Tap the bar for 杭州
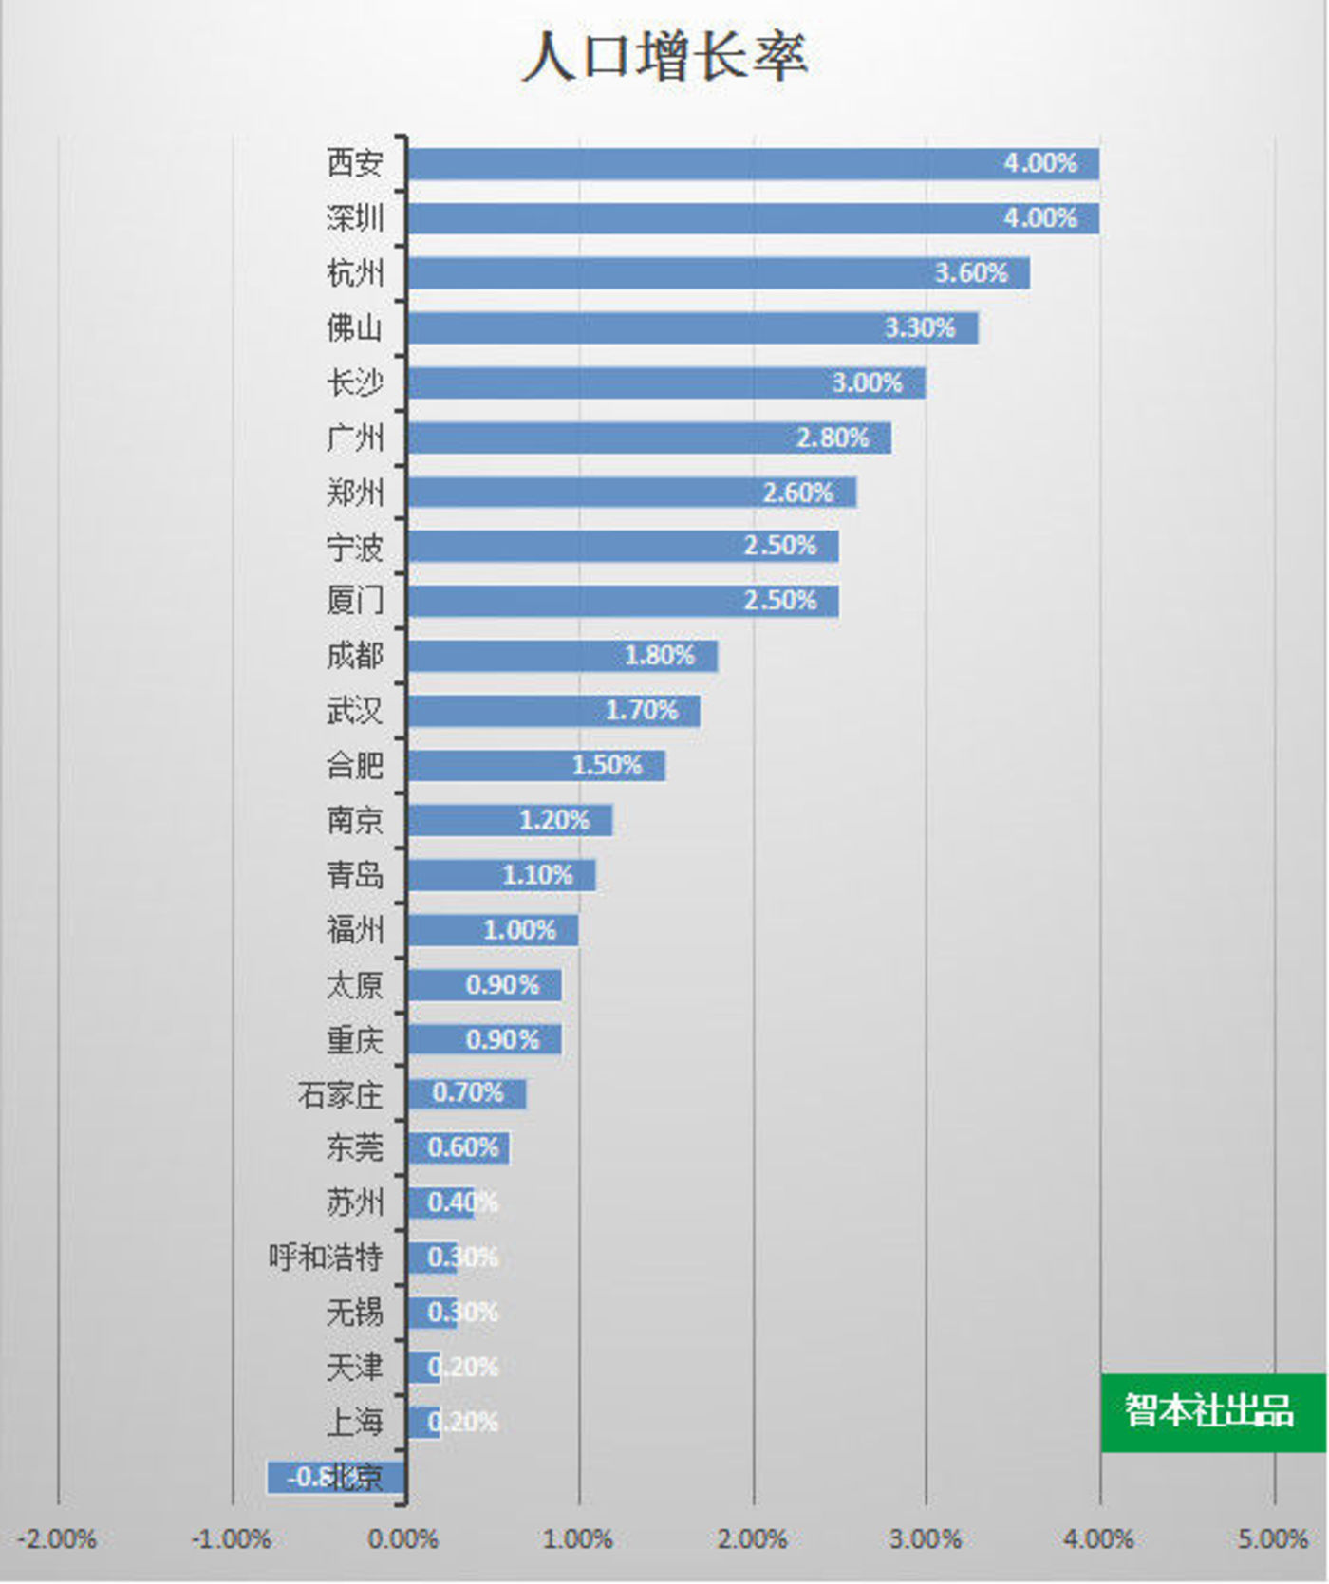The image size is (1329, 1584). pos(664,273)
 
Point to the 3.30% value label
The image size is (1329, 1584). pos(920,328)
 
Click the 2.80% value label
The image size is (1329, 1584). pos(833,438)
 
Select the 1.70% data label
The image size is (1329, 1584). pos(642,711)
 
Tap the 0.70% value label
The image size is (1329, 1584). pos(467,1093)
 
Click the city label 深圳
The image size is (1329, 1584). pos(355,218)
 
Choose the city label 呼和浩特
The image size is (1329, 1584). pos(326,1258)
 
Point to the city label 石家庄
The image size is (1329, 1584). pos(340,1094)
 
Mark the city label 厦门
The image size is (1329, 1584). pos(355,601)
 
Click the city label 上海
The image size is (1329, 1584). pos(355,1422)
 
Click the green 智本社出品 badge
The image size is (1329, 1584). pos(1211,1411)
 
